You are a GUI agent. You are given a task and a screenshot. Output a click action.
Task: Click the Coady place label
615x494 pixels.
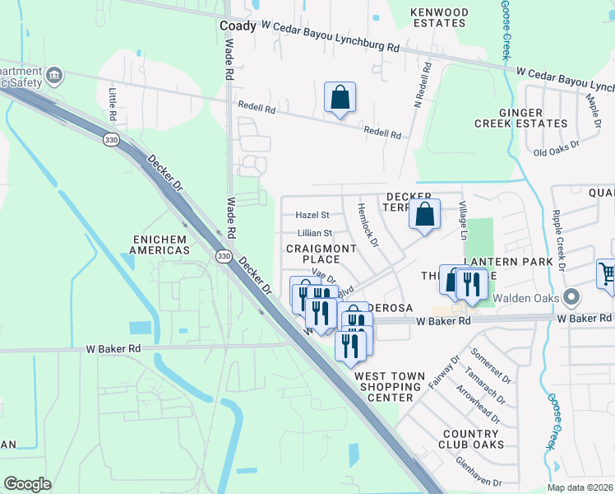238,26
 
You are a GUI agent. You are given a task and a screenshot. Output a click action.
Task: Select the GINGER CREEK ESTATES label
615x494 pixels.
520,118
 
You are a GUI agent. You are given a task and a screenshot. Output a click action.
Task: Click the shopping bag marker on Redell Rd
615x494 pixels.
340,98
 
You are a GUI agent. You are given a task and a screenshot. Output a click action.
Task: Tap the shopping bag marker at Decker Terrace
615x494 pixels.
424,216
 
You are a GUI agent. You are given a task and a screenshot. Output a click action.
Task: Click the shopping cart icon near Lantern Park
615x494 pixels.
607,275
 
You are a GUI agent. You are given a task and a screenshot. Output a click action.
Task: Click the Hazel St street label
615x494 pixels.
312,215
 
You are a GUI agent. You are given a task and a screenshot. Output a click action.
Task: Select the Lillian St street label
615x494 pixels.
314,234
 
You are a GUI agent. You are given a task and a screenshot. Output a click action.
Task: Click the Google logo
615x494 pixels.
27,484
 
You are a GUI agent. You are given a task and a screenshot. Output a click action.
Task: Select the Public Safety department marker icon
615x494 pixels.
55,76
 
